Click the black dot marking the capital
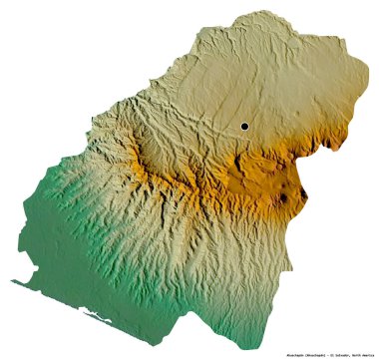click(243, 126)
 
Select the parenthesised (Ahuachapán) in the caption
click(291, 353)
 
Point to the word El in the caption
click(319, 353)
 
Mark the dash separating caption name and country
click(312, 353)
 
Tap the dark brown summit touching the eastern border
click(290, 198)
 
